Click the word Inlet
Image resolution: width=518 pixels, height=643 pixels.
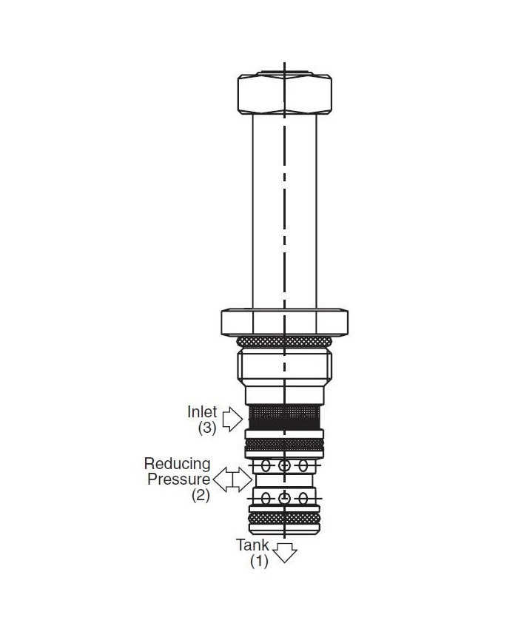tap(202, 411)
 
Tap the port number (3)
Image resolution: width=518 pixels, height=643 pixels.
tap(207, 428)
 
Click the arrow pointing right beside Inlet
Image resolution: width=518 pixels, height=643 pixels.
tap(232, 419)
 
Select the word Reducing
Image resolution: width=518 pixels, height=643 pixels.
tap(177, 465)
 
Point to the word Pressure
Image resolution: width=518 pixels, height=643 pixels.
tap(179, 479)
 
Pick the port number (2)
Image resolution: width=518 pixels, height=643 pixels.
tap(201, 495)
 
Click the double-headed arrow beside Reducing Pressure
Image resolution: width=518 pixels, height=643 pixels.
tap(232, 479)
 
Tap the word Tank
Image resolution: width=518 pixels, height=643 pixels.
tap(252, 545)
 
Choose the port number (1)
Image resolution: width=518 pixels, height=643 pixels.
tap(259, 561)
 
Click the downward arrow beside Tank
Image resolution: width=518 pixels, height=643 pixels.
tap(285, 553)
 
